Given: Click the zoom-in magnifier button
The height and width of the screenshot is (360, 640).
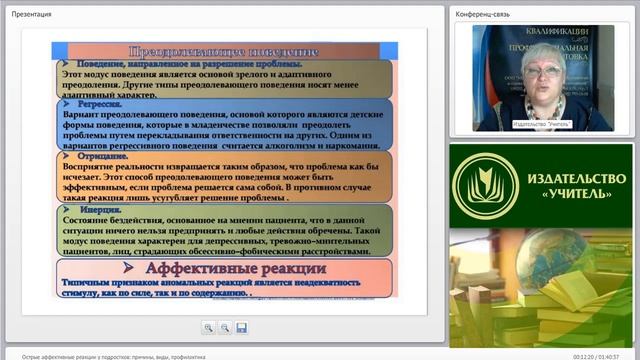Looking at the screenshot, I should coord(208,327).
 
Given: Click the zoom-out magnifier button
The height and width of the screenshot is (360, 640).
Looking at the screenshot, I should coord(225,327).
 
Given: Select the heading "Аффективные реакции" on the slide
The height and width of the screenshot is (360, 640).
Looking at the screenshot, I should coord(222,268).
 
